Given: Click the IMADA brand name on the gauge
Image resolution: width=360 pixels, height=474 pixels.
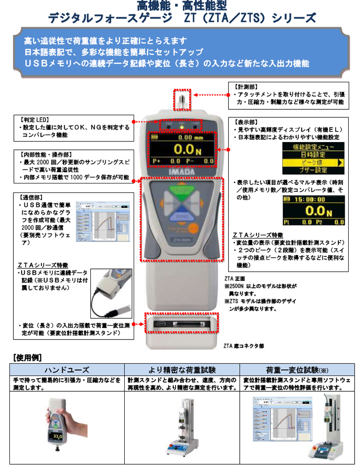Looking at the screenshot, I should [182, 171].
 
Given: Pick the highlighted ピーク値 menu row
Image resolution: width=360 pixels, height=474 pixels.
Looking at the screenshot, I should [310, 162].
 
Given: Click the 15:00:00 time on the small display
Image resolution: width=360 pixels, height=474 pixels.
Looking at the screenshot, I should [313, 198].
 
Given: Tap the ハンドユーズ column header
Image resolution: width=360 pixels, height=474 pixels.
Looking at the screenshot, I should [67, 370].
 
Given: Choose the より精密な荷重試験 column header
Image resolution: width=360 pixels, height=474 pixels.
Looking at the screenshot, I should [182, 370].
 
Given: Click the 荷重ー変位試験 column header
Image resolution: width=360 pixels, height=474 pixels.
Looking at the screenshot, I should [297, 370].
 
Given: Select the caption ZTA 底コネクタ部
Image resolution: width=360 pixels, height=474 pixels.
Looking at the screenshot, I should [243, 346].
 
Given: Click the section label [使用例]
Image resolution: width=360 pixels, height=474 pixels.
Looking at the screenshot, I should [28, 358].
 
